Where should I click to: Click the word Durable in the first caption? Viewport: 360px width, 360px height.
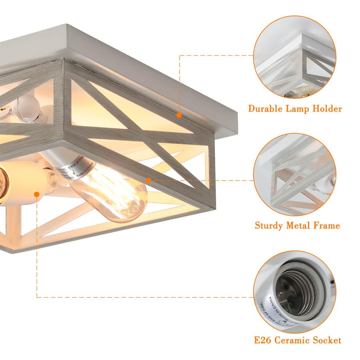tap(265, 109)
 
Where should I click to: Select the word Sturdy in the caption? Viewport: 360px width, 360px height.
tap(269, 226)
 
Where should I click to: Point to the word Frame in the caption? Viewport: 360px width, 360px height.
tap(326, 226)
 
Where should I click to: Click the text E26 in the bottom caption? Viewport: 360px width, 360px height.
tap(262, 340)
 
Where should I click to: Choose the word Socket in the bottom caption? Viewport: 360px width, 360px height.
tap(326, 340)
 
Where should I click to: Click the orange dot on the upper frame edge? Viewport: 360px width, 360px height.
tap(179, 115)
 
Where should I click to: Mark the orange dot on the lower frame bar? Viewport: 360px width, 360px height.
tap(149, 180)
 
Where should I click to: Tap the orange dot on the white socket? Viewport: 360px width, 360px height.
tap(37, 194)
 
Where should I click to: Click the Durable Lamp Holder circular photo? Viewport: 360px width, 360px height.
tap(295, 57)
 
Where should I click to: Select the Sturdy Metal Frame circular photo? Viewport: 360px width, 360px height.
tap(295, 174)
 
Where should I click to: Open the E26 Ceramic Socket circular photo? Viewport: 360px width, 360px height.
tap(295, 292)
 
